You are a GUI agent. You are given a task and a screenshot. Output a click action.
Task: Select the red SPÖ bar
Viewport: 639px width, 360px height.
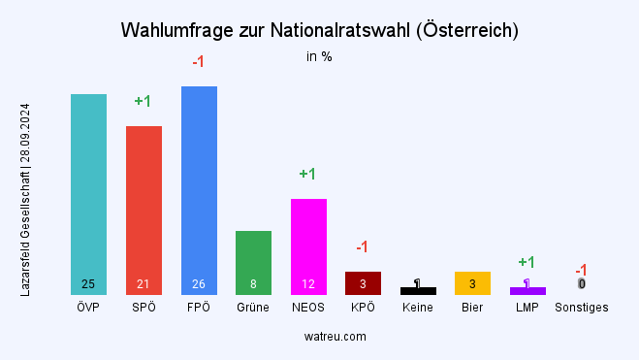coord(144,210)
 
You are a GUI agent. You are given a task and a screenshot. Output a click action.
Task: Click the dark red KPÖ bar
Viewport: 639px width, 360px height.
coord(363,282)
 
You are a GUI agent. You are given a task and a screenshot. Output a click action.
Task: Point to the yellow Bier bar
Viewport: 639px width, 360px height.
coord(472,282)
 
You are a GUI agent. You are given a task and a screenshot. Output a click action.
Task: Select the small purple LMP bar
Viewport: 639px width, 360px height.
coord(527,291)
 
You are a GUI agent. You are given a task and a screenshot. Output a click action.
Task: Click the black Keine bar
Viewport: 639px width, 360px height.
coord(418,291)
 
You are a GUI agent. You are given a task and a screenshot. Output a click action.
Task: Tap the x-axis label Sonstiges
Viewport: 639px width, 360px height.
coord(582,309)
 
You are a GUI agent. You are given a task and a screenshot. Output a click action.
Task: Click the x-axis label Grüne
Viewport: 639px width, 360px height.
coord(254,309)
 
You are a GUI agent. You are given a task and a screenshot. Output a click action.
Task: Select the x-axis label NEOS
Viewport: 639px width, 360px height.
coord(308,309)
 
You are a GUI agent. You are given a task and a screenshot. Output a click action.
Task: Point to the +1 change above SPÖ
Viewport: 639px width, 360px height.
coord(143,101)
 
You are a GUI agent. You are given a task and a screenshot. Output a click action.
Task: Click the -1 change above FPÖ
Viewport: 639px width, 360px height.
coord(198,62)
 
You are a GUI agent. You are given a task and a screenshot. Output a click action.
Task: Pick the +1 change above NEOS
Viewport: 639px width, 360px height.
coord(307,174)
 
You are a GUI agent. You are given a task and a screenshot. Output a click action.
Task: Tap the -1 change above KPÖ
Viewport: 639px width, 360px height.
coord(362,246)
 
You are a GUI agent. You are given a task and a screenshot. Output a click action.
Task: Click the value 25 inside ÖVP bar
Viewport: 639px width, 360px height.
coord(88,284)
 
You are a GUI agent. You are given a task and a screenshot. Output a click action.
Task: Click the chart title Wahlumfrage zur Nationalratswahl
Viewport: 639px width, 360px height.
coord(319,30)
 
